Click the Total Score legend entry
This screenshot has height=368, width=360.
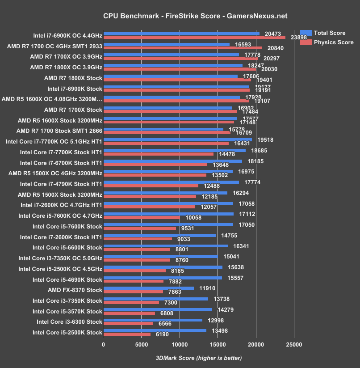[x=329, y=33]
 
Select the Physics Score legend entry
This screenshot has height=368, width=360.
[x=333, y=42]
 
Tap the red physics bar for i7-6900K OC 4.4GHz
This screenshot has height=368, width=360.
[x=194, y=38]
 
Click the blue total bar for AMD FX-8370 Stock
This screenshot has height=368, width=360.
[x=149, y=288]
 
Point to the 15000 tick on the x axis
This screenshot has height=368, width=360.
[x=218, y=345]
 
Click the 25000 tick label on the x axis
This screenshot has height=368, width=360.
[x=293, y=345]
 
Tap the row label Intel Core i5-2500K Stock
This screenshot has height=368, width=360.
[x=67, y=332]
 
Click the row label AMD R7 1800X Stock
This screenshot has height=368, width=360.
[x=73, y=78]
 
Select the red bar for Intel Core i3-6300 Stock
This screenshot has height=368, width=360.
[x=128, y=324]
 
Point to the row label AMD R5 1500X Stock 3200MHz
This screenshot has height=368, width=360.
[x=60, y=195]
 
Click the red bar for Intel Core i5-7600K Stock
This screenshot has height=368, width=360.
[x=140, y=228]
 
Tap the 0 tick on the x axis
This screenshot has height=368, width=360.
[x=104, y=345]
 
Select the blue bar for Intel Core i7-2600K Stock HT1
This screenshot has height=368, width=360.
[x=159, y=235]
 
